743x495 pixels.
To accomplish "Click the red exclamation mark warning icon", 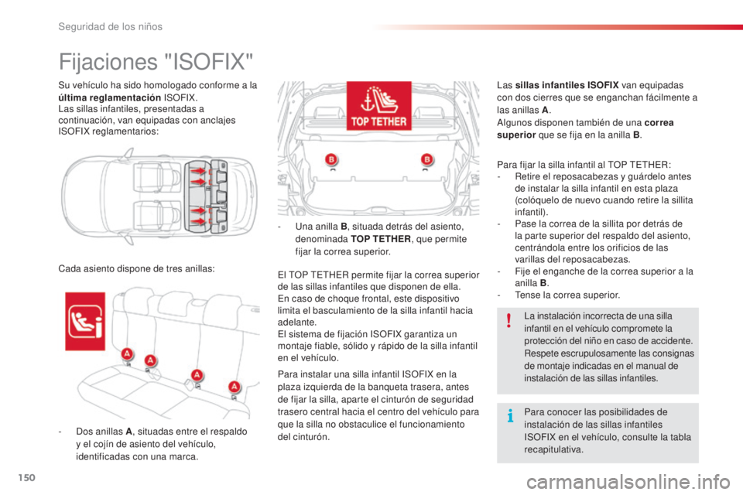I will tap(508, 320).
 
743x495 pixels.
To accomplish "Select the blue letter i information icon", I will tap(508, 418).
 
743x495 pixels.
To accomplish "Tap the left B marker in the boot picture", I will tap(331, 161).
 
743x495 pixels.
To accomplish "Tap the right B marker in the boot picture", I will tap(426, 161).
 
